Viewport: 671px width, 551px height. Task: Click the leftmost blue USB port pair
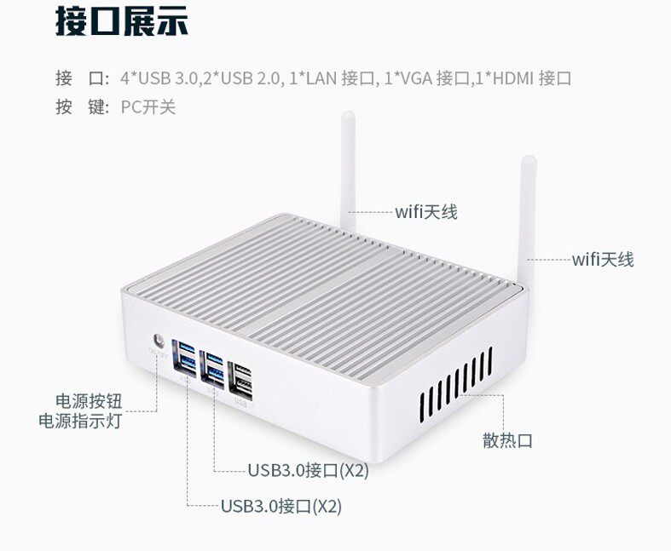(187, 359)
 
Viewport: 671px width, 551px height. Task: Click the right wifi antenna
(529, 204)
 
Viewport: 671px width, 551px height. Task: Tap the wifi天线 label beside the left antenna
(425, 212)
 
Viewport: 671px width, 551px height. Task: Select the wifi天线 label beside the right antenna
(603, 260)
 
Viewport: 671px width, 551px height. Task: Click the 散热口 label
(507, 440)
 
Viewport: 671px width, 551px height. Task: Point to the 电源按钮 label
(88, 401)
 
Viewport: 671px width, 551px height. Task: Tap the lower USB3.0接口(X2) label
(281, 506)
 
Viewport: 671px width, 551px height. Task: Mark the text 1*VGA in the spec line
(408, 79)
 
